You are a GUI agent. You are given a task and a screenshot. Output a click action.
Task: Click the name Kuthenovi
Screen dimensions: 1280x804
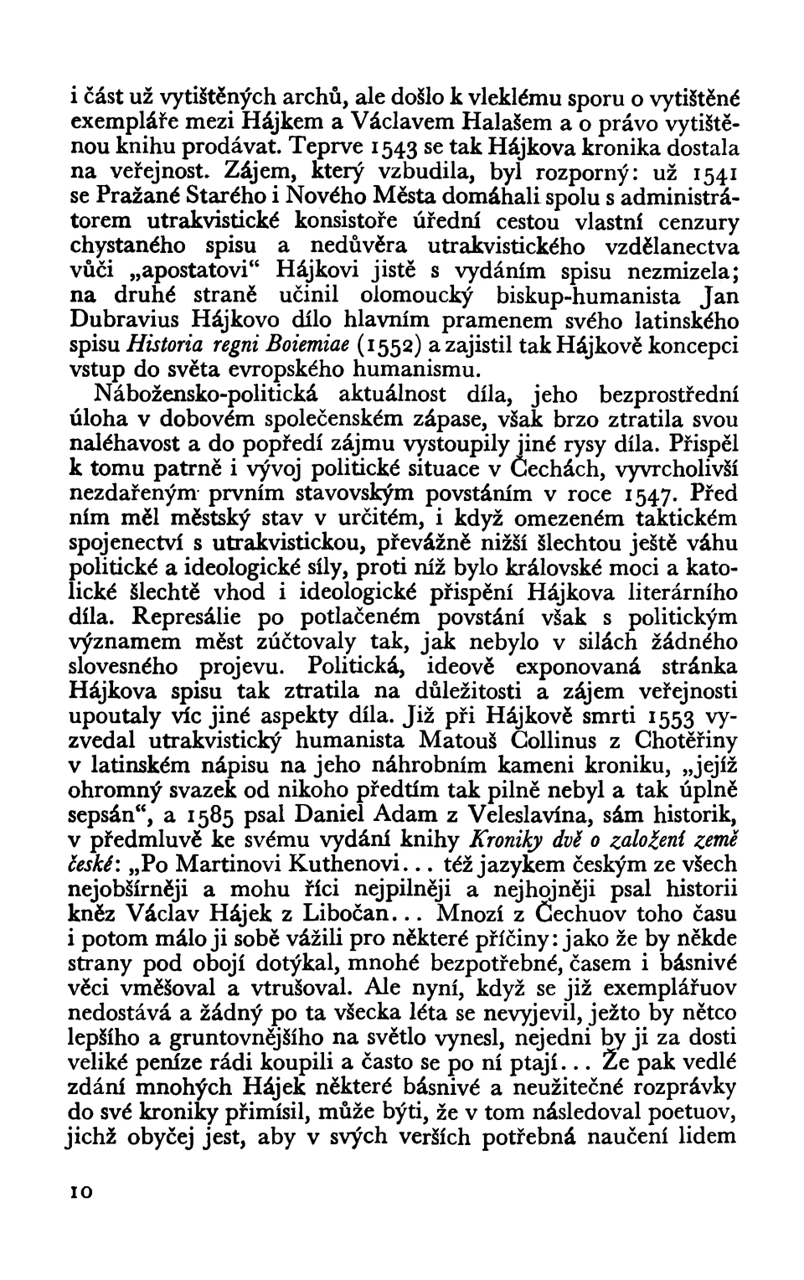pos(327,865)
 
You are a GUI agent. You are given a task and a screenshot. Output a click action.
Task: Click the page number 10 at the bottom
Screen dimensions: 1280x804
pos(81,1195)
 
